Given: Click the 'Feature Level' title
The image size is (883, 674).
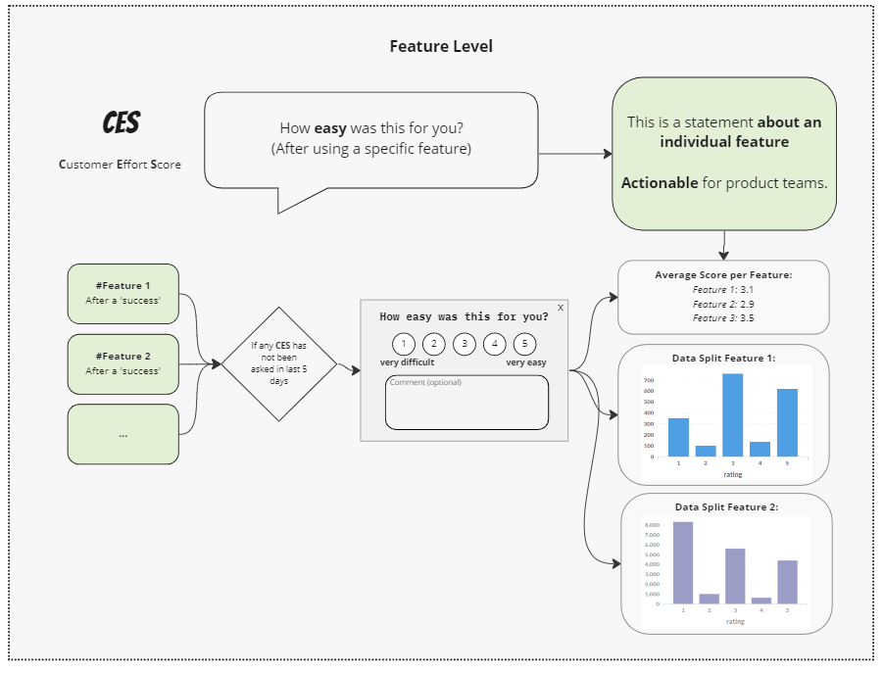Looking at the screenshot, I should pos(441,46).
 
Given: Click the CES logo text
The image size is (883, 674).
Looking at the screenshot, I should pos(122,123).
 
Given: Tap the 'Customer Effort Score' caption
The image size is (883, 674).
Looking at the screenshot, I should pos(120,165).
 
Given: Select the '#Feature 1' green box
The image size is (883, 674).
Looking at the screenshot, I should pos(123,293).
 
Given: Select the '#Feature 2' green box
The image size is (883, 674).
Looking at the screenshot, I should pos(123,363).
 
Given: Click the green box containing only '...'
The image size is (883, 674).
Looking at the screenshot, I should pos(123,434).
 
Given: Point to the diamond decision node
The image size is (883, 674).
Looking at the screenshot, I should pos(278,364).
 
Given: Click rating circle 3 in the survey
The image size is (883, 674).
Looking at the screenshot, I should pos(465,344).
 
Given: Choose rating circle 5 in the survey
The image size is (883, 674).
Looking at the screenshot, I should pos(525,344).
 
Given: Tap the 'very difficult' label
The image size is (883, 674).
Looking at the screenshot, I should pos(407,362).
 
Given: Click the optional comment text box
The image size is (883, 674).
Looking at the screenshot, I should pos(466,403).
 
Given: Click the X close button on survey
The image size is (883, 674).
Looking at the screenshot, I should pos(561,308).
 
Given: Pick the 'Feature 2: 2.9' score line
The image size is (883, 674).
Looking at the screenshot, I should pos(723,304).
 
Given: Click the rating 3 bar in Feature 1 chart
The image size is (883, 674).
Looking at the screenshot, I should pos(733,414).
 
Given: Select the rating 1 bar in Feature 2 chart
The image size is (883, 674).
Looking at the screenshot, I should pos(682,562).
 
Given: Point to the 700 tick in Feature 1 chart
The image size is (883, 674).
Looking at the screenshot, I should pos(649,379).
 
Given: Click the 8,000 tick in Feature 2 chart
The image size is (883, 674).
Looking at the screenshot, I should pos(652,526).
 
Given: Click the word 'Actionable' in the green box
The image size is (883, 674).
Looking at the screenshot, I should pos(660,183).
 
